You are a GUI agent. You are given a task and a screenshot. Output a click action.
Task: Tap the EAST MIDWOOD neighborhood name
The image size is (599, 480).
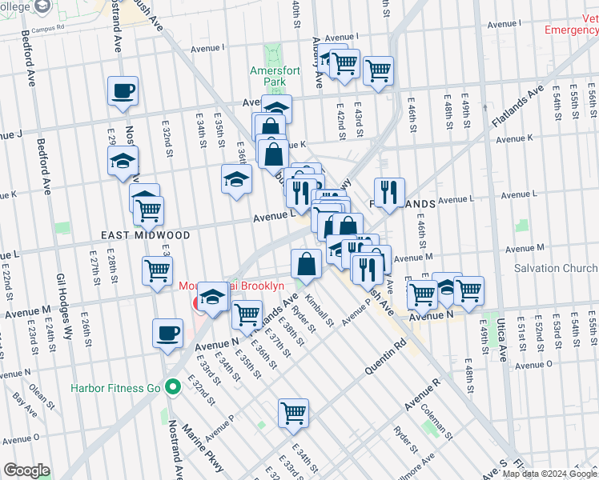(x=146, y=235)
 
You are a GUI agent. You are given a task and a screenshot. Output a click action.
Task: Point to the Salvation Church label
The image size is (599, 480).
(x=555, y=269)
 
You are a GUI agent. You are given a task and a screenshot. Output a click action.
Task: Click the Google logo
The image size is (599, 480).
(x=27, y=470)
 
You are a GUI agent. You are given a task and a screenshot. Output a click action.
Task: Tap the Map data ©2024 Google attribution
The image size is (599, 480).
(x=549, y=474)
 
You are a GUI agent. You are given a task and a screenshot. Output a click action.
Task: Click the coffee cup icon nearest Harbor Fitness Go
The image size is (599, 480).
(x=167, y=332)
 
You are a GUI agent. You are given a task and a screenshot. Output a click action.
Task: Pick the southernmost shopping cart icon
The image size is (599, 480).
(x=294, y=413)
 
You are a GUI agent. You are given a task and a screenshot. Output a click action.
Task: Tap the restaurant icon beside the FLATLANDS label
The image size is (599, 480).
(x=388, y=191)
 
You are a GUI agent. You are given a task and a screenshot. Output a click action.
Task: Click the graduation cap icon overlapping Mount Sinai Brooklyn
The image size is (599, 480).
(x=212, y=297)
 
